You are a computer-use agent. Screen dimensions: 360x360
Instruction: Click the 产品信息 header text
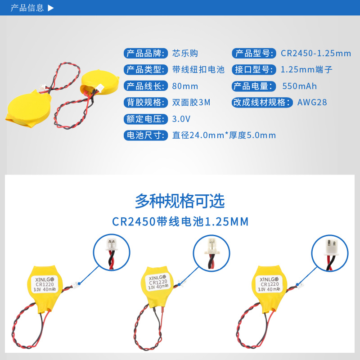point(27,8)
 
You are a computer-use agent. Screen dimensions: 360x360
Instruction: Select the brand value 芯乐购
point(185,54)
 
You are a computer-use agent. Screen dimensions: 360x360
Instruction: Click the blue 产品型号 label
point(253,54)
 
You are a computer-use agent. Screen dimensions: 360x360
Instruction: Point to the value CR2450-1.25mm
point(316,54)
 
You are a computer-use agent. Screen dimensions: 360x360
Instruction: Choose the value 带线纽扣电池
point(198,70)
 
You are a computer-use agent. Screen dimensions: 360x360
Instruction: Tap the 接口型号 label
point(253,70)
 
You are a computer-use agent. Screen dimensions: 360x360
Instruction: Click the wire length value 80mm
point(185,86)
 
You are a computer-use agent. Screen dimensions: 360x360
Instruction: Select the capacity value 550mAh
point(300,86)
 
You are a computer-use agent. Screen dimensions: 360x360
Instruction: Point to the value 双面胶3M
point(191,102)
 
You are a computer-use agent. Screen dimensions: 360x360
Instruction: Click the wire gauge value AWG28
point(312,102)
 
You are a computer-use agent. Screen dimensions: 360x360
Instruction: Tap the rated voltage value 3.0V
point(182,119)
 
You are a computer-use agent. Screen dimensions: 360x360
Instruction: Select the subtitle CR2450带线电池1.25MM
point(180,222)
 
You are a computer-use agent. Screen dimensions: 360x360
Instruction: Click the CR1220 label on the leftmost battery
point(45,284)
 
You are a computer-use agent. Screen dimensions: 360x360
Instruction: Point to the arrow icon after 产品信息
point(50,8)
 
